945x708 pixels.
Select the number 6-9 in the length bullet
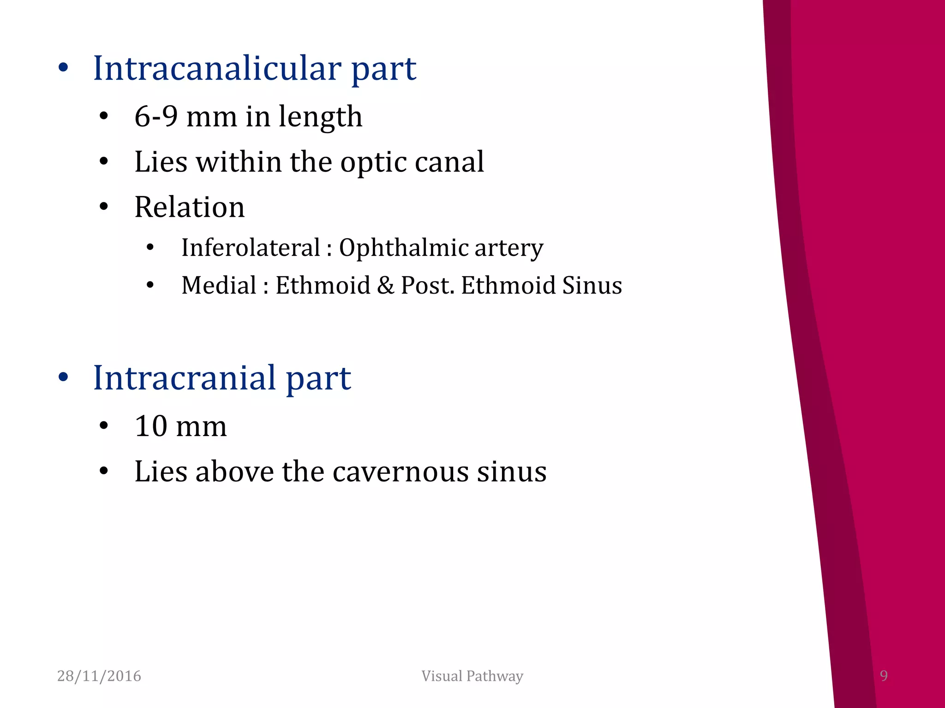tap(156, 116)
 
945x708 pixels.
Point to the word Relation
tap(189, 207)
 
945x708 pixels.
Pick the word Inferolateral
tap(251, 248)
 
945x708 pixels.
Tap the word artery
tap(509, 248)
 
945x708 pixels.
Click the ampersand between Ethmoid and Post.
tap(385, 285)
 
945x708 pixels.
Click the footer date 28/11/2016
tap(99, 676)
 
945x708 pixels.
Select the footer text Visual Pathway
tap(472, 676)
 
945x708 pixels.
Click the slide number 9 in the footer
tap(884, 676)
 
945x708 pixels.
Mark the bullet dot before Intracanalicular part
tap(63, 68)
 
